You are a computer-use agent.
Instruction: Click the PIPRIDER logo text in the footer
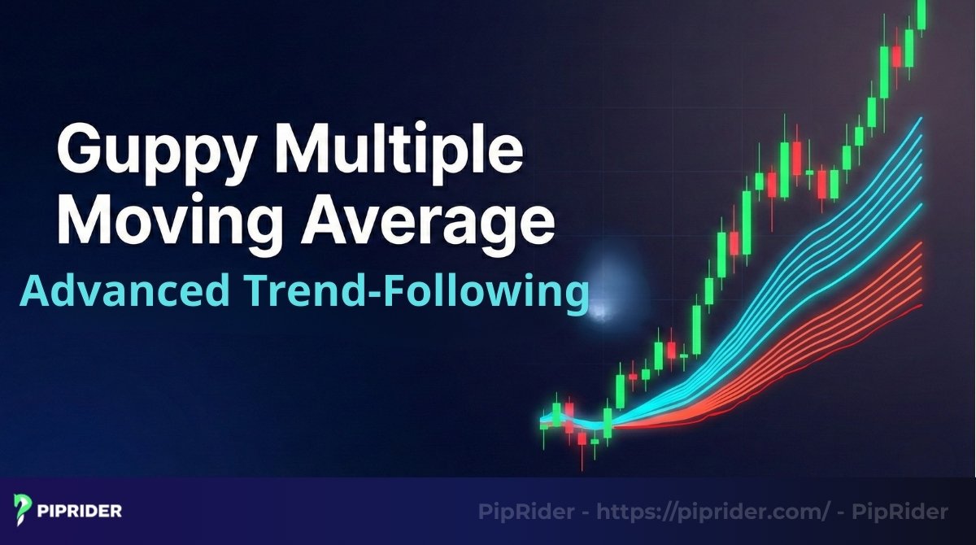click(80, 512)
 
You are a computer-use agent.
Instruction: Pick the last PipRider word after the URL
click(908, 512)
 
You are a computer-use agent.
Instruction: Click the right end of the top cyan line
click(922, 118)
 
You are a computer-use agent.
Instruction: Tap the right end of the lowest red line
click(922, 306)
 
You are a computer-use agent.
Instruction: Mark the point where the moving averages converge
click(606, 423)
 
